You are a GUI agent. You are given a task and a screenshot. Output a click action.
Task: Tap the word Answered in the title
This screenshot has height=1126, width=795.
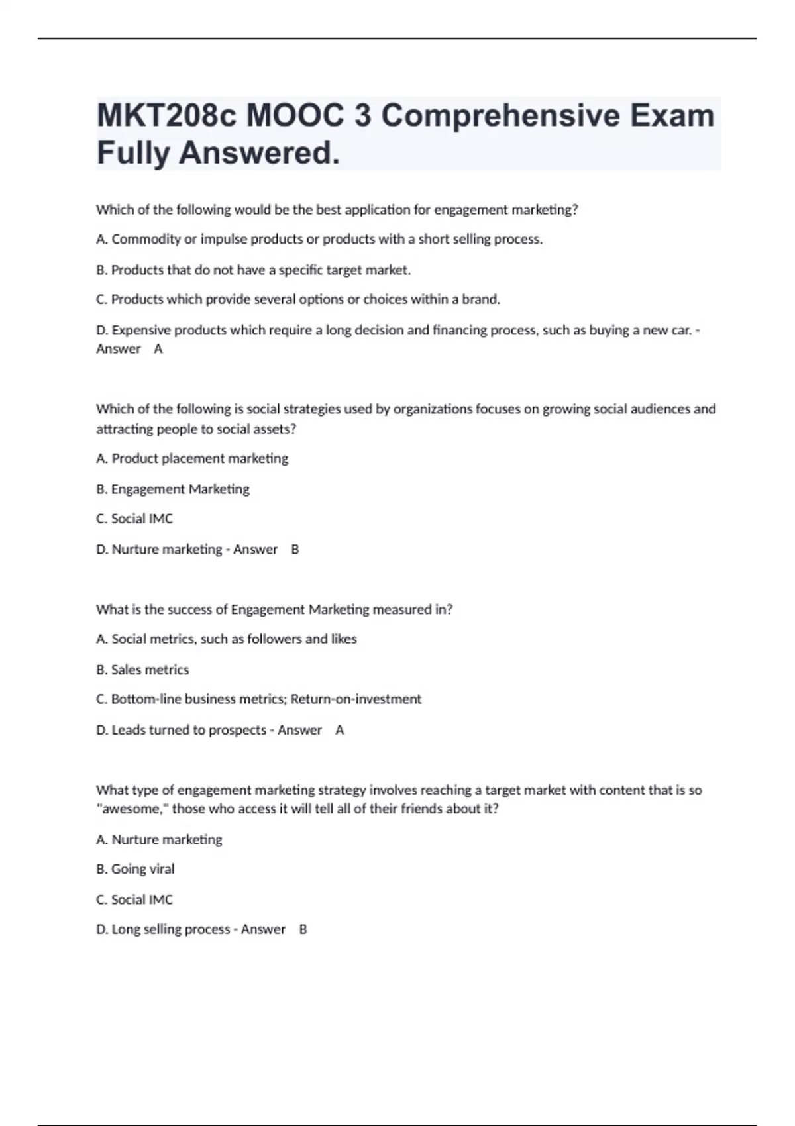tap(258, 153)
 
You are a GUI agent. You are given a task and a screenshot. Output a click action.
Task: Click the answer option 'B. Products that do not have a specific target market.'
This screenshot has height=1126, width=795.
tap(254, 270)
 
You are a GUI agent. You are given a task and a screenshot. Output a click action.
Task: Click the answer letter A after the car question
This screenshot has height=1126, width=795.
tap(158, 349)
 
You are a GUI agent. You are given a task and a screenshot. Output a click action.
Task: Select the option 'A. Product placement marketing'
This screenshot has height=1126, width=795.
tap(192, 458)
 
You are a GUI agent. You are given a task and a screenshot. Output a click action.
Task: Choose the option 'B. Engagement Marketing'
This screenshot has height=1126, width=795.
tap(173, 489)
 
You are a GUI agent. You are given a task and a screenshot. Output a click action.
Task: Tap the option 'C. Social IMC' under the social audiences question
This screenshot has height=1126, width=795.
tap(134, 519)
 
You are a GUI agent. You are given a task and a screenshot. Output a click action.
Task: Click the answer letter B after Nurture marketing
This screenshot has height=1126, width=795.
tap(295, 549)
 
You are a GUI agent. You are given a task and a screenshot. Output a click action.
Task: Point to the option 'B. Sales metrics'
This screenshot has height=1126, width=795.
tap(142, 670)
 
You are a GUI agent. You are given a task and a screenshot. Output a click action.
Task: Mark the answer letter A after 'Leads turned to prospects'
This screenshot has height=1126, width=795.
tap(340, 730)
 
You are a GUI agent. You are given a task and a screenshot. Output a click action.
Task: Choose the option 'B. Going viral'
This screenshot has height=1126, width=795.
tap(135, 869)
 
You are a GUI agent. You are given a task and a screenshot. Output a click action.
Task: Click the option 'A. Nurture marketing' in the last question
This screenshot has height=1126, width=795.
tap(159, 839)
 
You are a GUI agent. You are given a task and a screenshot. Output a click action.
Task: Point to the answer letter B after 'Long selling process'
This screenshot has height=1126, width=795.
tap(303, 929)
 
